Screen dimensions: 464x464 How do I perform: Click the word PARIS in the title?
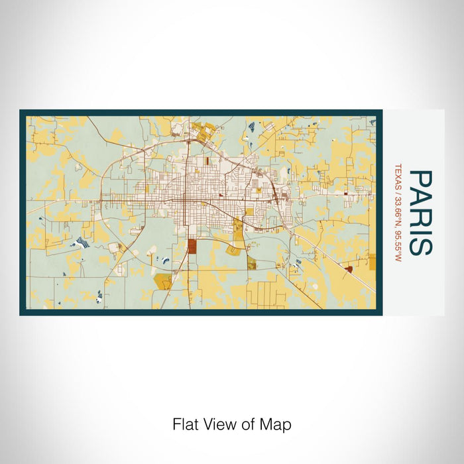pyautogui.click(x=420, y=212)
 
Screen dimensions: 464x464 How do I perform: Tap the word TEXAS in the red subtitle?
pyautogui.click(x=398, y=178)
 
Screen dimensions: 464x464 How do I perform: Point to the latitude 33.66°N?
pyautogui.click(x=398, y=212)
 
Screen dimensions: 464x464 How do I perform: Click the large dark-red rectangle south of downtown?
pyautogui.click(x=192, y=247)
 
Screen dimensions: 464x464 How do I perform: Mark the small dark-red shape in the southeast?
pyautogui.click(x=349, y=268)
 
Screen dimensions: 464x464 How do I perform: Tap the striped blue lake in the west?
pyautogui.click(x=82, y=243)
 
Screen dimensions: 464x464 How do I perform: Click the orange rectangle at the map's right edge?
pyautogui.click(x=372, y=262)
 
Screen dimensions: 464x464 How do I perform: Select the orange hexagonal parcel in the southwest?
pyautogui.click(x=162, y=280)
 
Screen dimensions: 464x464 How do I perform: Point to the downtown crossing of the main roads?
pyautogui.click(x=186, y=201)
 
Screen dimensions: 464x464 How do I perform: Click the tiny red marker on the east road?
pyautogui.click(x=345, y=194)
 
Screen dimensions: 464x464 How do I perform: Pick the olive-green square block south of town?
pyautogui.click(x=252, y=264)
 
